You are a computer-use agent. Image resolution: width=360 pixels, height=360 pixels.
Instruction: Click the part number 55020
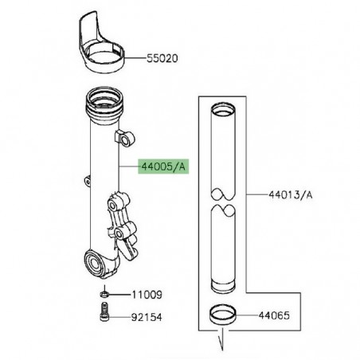coord(163,59)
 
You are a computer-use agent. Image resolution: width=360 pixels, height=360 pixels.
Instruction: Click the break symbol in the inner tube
coord(225,202)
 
